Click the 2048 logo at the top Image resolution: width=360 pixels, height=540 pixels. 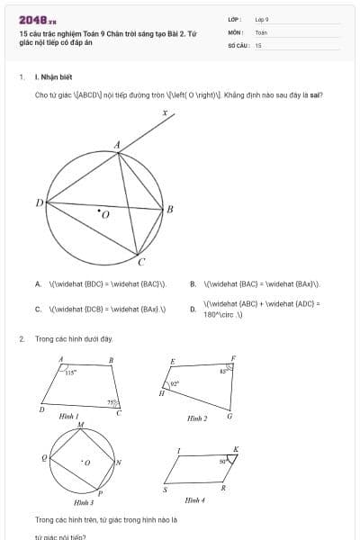coord(37,20)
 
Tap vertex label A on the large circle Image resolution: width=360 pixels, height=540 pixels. coord(117,144)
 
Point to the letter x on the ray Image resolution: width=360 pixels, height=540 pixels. coord(166,113)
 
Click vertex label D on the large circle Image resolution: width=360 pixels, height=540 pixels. coord(39,203)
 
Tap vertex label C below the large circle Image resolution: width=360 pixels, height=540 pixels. coord(141,263)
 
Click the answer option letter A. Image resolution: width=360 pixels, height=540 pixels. coord(38,284)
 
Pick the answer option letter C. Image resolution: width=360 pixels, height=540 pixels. coord(38,309)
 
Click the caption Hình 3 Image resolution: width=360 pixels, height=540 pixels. coord(84,502)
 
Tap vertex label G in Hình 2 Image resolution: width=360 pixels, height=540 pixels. coord(229,416)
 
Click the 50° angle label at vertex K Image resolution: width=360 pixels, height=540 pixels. coord(223,461)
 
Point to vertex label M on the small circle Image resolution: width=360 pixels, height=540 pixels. coord(80,425)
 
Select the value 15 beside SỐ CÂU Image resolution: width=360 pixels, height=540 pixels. coord(258,44)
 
